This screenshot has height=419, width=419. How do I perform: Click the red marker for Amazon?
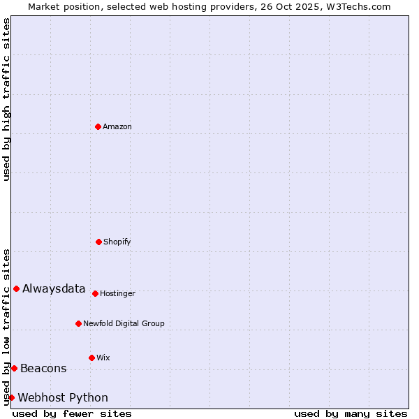98,126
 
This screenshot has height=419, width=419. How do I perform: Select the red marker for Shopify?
98,242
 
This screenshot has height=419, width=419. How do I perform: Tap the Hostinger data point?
95,293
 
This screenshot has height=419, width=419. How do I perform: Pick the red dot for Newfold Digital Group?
78,323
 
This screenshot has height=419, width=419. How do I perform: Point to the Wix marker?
91,358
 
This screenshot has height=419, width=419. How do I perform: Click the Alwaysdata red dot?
16,288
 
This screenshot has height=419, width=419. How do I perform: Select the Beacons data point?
14,368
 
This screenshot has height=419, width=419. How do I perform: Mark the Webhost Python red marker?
11,397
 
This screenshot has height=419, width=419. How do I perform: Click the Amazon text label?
117,127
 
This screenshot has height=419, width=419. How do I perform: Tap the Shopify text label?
117,242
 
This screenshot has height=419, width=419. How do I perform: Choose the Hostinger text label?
117,294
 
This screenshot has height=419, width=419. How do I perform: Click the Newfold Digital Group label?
124,324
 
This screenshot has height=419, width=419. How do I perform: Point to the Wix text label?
103,358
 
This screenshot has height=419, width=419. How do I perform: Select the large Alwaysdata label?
54,289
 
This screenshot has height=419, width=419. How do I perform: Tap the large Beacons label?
43,369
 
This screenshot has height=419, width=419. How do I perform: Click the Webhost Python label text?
63,398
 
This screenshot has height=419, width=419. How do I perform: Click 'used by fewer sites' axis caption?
72,413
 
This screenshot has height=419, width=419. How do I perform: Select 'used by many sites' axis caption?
351,413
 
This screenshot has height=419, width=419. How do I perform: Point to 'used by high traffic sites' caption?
6,99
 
